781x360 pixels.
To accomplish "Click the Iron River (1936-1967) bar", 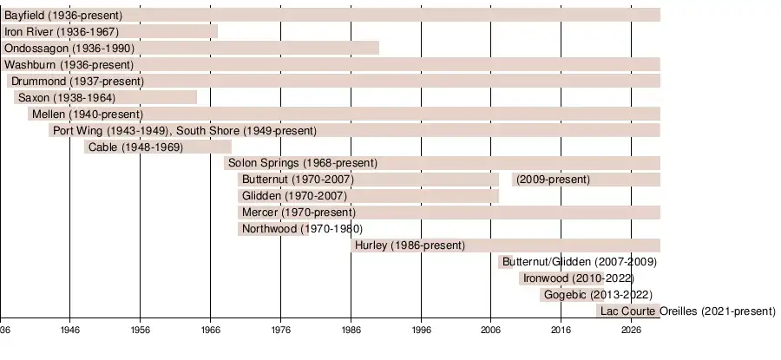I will click(108, 31).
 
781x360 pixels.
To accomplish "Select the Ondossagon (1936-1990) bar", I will click(189, 48).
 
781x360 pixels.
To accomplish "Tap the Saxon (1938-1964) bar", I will click(105, 97).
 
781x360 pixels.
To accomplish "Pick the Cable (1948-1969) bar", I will click(158, 147).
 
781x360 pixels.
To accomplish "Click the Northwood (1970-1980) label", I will click(290, 229).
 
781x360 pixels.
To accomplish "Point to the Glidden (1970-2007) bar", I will click(368, 196).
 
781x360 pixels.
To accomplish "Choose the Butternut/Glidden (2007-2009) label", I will click(579, 262).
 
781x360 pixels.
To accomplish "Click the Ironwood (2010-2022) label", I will click(578, 278).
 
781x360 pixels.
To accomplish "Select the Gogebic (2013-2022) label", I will click(598, 295).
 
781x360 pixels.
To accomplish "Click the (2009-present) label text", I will click(553, 180).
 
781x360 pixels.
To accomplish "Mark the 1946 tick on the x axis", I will click(70, 331).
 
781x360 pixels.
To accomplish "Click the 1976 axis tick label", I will click(280, 331).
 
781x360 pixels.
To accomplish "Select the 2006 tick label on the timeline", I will click(491, 331).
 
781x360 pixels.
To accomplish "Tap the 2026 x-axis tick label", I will click(632, 331).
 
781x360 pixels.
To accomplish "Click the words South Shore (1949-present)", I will click(246, 130).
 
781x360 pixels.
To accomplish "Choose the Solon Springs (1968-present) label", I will click(303, 163).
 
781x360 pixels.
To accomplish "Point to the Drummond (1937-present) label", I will click(77, 81).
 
